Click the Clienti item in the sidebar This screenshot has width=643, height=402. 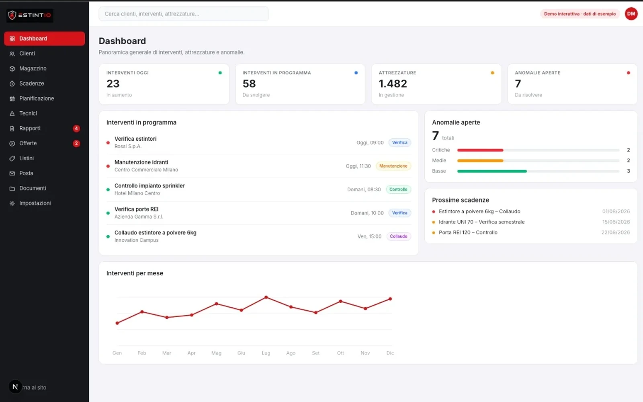27,54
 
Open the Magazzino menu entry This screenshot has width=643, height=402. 33,69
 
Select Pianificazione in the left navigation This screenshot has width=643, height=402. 37,98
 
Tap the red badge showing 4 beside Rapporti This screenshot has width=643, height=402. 76,128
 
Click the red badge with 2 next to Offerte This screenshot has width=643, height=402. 76,143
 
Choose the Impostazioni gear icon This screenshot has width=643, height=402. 12,203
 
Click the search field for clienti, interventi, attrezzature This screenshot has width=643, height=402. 183,14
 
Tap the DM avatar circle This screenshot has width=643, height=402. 631,14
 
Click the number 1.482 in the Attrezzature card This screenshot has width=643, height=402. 393,84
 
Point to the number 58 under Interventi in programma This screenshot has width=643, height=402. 249,84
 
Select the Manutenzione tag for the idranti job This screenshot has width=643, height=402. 393,166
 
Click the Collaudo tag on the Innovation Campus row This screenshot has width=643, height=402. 398,236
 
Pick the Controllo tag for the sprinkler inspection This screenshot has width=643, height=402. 398,189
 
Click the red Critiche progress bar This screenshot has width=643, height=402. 480,150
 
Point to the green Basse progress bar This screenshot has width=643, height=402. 492,171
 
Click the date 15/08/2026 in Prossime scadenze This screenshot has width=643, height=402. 616,222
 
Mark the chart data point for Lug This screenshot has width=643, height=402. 266,297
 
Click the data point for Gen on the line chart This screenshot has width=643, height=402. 117,323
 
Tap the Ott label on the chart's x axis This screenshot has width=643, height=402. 340,353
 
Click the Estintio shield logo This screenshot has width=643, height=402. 12,15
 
